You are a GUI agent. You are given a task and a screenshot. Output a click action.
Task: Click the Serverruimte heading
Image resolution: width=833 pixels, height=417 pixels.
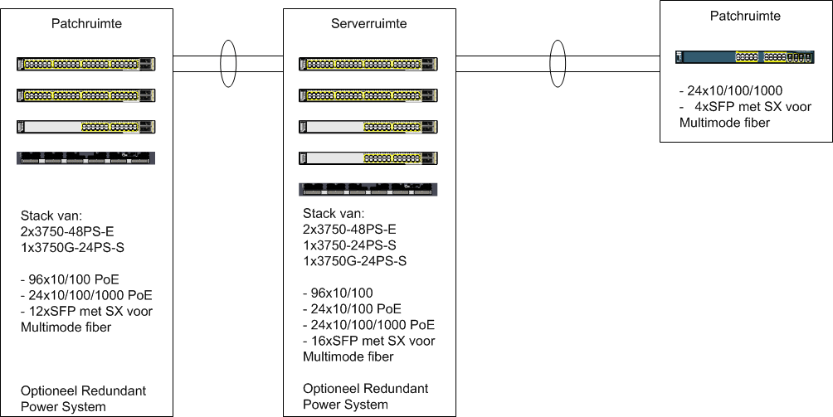[368, 24]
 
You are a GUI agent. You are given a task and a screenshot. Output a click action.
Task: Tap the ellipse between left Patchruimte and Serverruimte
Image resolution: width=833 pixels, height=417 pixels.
[228, 64]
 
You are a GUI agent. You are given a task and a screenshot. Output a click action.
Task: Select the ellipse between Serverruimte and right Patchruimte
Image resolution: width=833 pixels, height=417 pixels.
[558, 64]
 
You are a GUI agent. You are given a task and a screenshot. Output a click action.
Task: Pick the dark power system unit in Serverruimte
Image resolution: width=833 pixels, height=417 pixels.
[367, 188]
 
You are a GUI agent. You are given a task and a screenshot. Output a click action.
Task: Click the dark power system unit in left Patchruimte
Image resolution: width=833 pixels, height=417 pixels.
[86, 158]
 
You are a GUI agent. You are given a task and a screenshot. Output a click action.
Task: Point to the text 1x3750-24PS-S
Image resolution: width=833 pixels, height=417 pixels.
[349, 245]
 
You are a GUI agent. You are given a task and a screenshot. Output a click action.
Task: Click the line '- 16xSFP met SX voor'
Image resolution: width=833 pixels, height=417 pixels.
[368, 341]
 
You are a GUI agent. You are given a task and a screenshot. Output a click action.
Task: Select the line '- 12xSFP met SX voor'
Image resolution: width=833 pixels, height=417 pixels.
[86, 311]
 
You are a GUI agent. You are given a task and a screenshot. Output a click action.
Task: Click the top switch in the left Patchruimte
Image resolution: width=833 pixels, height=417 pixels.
[86, 64]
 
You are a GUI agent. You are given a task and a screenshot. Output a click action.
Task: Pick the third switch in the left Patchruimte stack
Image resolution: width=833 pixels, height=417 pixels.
[86, 127]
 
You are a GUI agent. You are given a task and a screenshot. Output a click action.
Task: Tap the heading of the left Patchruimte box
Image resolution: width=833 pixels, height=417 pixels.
[86, 23]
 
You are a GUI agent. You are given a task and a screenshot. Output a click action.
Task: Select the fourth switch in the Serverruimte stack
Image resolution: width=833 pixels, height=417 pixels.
[368, 158]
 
